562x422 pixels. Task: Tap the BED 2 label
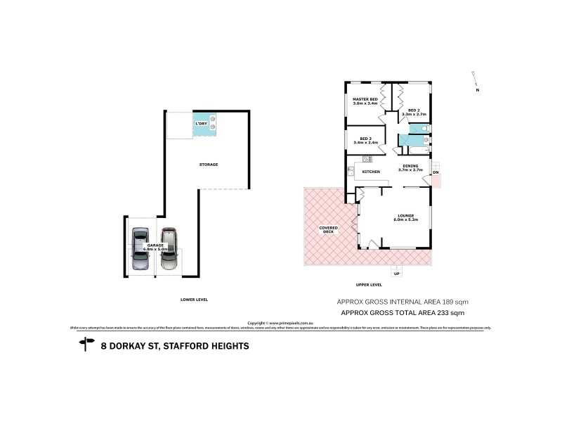414,111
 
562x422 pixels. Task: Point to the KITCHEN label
371,172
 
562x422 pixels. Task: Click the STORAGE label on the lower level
208,165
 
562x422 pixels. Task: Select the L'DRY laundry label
202,124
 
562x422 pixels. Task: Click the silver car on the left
140,249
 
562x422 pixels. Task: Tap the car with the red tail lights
169,249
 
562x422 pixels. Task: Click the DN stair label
436,172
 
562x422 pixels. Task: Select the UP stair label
397,273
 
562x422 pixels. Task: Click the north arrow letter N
477,90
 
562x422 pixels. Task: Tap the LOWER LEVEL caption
194,300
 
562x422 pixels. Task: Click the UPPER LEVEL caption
369,285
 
